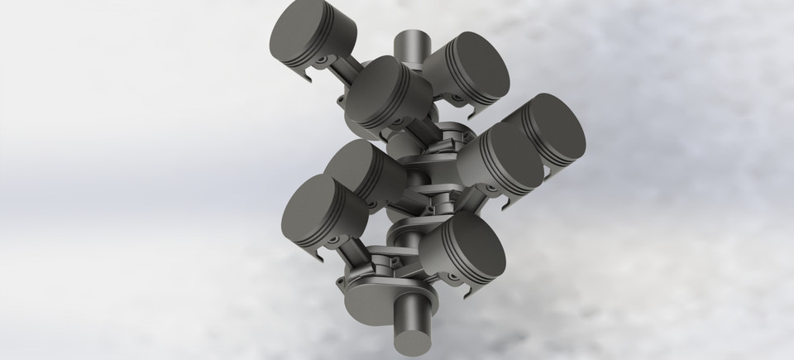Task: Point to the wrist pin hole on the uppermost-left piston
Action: [317, 62]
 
